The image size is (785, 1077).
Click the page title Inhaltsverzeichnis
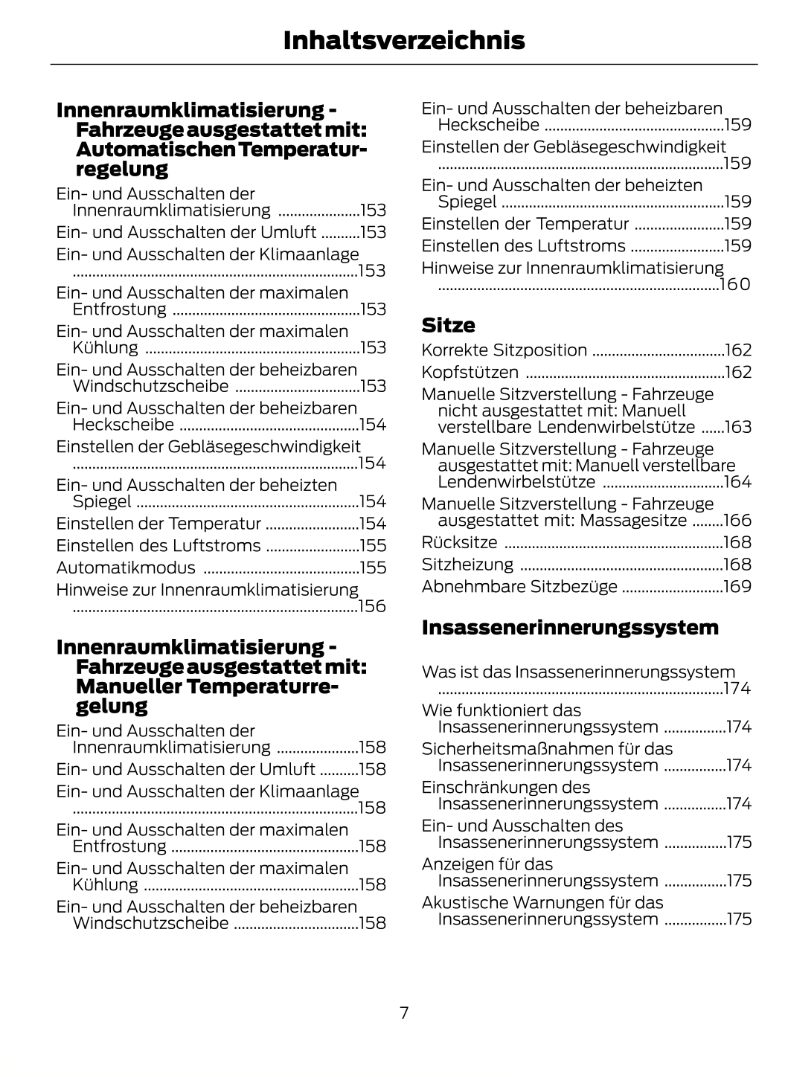tap(403, 41)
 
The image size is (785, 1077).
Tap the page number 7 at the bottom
tap(404, 1012)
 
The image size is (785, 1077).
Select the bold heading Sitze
tap(448, 325)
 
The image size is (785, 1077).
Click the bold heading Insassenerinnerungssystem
tap(570, 627)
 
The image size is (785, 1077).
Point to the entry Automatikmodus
tap(126, 568)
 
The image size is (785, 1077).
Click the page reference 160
tap(735, 284)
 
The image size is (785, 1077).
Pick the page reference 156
tap(372, 606)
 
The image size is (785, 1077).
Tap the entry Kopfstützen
tap(470, 372)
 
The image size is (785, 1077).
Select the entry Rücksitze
tap(459, 542)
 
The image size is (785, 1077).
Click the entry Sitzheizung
tap(467, 565)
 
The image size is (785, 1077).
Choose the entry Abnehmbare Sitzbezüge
tap(519, 586)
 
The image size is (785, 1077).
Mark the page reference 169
tap(737, 586)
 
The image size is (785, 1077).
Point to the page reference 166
tap(737, 520)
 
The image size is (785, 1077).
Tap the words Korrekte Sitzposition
tap(504, 350)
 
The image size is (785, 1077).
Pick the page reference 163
tap(737, 427)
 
